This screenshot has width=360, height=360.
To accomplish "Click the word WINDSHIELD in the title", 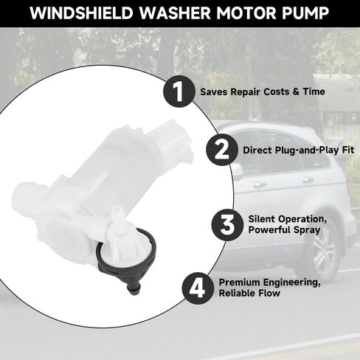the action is (x=81, y=13).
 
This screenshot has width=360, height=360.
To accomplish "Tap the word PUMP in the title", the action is (x=305, y=13).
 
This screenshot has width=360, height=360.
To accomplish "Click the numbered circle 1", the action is (x=179, y=91).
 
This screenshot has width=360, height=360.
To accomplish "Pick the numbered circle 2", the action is (x=222, y=150).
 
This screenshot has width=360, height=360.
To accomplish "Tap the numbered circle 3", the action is (x=227, y=224).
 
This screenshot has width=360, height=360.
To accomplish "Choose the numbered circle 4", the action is (x=198, y=288).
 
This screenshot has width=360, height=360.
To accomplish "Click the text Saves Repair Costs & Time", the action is (x=263, y=91).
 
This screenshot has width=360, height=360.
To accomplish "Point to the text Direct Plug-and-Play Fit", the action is (x=298, y=150).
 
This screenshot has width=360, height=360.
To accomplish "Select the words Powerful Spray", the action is (x=284, y=230).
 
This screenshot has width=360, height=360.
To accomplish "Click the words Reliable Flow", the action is (x=249, y=293).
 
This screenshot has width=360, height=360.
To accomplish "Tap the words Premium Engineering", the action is (x=269, y=283).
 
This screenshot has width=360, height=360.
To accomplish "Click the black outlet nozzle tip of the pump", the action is (x=134, y=288).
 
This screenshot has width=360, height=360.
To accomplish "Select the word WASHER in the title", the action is (x=175, y=13).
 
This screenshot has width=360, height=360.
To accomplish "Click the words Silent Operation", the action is (x=288, y=219).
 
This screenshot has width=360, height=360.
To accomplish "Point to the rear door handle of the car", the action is (x=308, y=180).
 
